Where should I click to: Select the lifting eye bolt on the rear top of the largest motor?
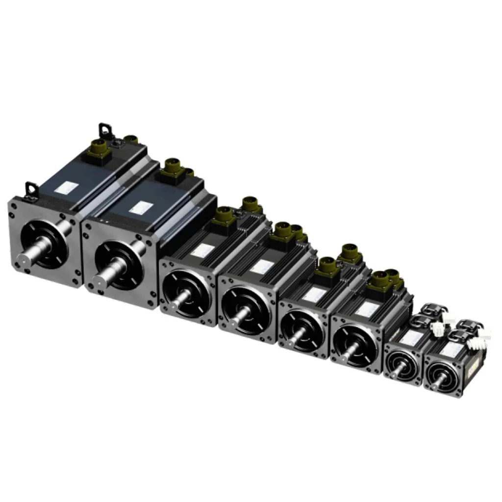[x=104, y=130]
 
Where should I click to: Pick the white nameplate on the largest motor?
[x=64, y=188]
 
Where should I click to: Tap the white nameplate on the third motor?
[x=202, y=251]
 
